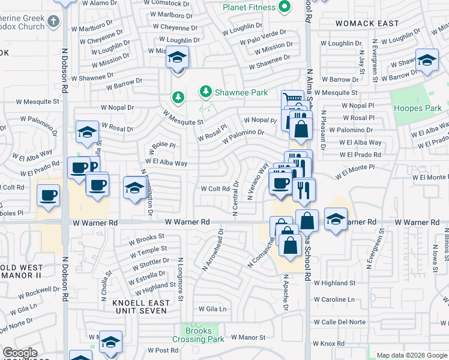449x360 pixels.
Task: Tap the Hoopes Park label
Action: click(417, 108)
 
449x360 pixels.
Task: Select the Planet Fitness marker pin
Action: click(286, 7)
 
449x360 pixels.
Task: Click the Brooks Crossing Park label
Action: click(198, 335)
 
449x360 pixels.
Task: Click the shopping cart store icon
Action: click(292, 99)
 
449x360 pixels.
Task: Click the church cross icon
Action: click(53, 22)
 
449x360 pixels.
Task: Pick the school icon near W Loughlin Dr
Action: click(177, 58)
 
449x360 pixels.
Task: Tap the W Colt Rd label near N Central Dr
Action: click(215, 188)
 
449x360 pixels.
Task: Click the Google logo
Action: click(20, 352)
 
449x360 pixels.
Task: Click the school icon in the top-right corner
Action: click(426, 61)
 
